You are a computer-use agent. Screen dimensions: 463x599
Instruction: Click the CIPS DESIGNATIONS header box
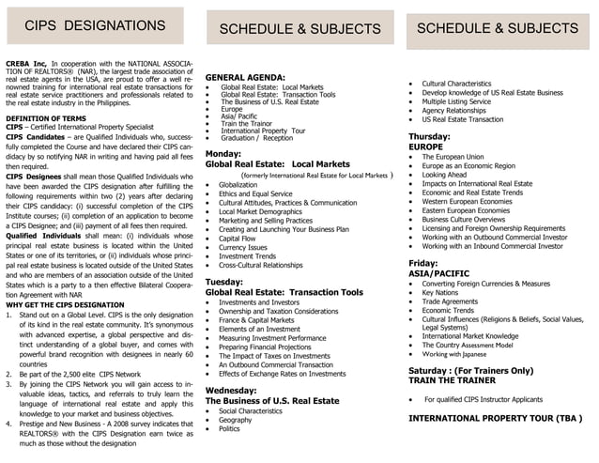tap(95, 25)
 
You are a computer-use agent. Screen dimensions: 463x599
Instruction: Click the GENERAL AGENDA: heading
tap(245, 77)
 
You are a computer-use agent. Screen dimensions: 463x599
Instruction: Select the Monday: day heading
tap(223, 153)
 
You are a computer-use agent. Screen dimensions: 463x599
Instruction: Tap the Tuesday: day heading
tap(224, 282)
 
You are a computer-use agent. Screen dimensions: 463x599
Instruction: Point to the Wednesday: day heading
tap(231, 390)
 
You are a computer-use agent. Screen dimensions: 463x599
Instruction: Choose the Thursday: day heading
tap(429, 136)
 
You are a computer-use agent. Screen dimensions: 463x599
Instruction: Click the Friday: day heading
tap(422, 263)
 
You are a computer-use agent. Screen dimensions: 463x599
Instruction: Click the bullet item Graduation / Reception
tap(256, 138)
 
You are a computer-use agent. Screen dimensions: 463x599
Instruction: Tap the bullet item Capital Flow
tap(237, 239)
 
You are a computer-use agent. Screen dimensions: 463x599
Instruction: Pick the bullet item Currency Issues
tap(242, 248)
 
